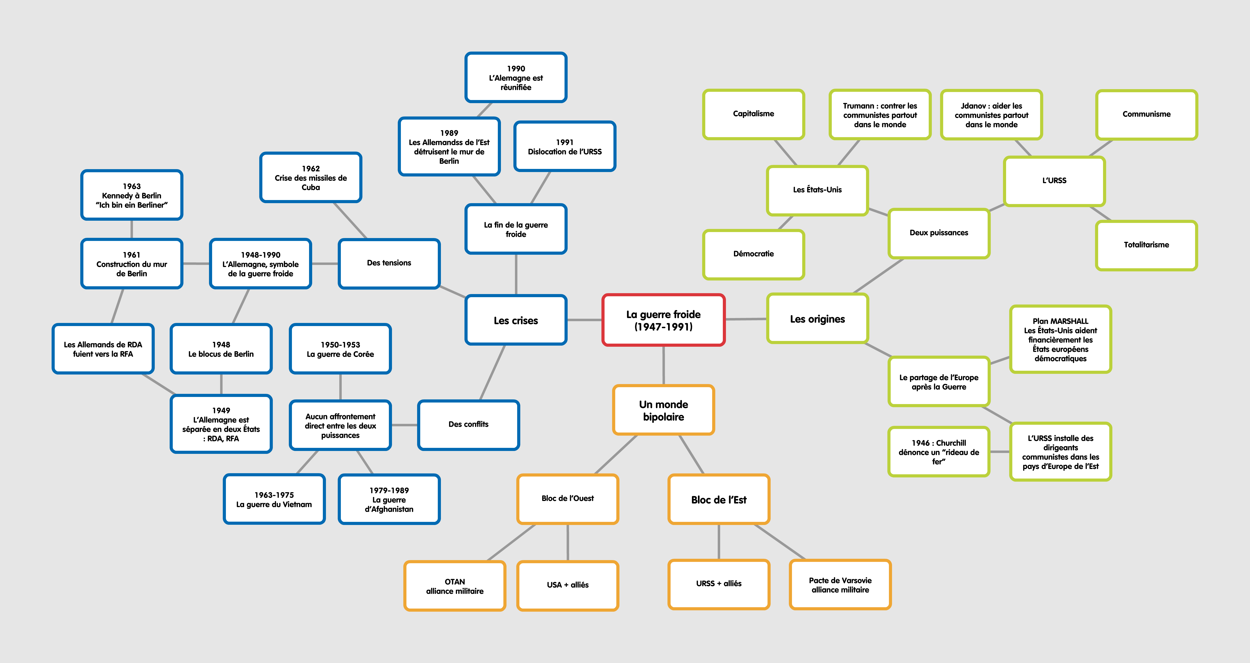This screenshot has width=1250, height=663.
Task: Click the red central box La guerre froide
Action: pos(663,320)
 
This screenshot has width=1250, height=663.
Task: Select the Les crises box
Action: pos(516,320)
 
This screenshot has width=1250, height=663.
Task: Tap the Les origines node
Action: pos(817,319)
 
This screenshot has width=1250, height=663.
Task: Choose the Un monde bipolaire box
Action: pos(663,410)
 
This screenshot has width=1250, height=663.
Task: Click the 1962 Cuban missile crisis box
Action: pos(311,178)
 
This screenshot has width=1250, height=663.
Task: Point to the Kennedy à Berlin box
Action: pos(131,195)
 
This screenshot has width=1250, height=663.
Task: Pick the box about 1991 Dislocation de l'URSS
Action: pos(565,146)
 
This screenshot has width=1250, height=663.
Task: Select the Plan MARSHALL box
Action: pos(1060,340)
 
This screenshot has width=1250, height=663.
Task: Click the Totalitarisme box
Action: pos(1146,245)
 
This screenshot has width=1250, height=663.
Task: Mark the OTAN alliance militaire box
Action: pos(455,586)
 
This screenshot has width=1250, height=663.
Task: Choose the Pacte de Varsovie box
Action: pos(840,585)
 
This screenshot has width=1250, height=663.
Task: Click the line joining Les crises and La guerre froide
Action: pos(584,320)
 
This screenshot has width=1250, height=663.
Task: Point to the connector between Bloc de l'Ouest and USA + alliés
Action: pos(568,542)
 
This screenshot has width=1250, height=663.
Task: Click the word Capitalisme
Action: pos(753,114)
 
